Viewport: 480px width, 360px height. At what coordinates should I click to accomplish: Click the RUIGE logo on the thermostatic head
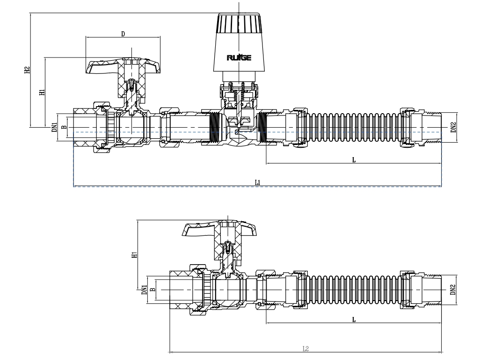click(239, 58)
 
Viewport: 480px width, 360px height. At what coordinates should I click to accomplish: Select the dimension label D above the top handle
click(123, 35)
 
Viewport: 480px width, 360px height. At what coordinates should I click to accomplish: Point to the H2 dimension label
click(28, 70)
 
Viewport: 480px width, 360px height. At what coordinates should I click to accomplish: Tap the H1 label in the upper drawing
click(42, 92)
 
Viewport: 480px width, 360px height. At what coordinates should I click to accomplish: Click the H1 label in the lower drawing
click(134, 255)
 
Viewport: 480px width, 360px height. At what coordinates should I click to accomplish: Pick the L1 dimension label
click(257, 182)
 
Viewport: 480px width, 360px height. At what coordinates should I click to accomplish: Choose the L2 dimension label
click(305, 348)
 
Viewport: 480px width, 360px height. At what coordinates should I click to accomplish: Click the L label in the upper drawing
click(354, 159)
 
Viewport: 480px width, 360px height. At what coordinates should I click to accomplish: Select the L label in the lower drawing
click(354, 320)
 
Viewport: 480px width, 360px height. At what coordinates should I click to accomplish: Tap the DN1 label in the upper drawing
click(54, 127)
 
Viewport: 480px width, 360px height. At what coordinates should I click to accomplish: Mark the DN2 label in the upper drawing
click(453, 127)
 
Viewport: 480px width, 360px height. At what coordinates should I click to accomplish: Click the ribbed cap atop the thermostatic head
click(239, 23)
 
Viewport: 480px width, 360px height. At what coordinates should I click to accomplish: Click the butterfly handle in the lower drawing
click(220, 230)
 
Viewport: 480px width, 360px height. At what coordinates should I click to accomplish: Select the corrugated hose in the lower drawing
click(354, 290)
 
